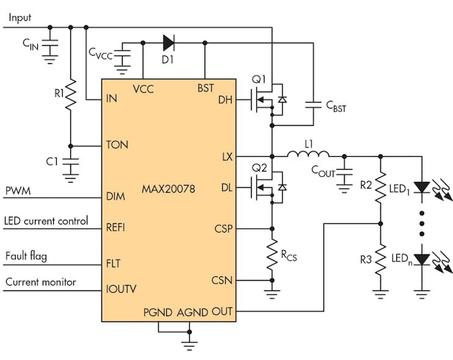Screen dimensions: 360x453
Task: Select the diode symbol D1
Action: pos(169,43)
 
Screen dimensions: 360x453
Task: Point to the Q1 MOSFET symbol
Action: pos(267,99)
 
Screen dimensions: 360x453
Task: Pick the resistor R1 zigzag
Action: pos(71,95)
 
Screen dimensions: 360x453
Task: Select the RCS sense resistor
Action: pos(272,256)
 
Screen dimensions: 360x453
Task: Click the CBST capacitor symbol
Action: pos(314,105)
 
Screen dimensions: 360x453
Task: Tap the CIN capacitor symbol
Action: pos(50,45)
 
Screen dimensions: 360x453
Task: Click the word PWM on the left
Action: pos(18,192)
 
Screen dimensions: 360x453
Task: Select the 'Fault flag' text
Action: pos(26,256)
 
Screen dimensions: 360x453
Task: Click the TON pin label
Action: pos(117,146)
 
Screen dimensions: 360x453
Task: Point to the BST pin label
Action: pos(206,88)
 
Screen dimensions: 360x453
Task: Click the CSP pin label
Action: pos(223,229)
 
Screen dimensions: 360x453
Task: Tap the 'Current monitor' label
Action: pos(41,282)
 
